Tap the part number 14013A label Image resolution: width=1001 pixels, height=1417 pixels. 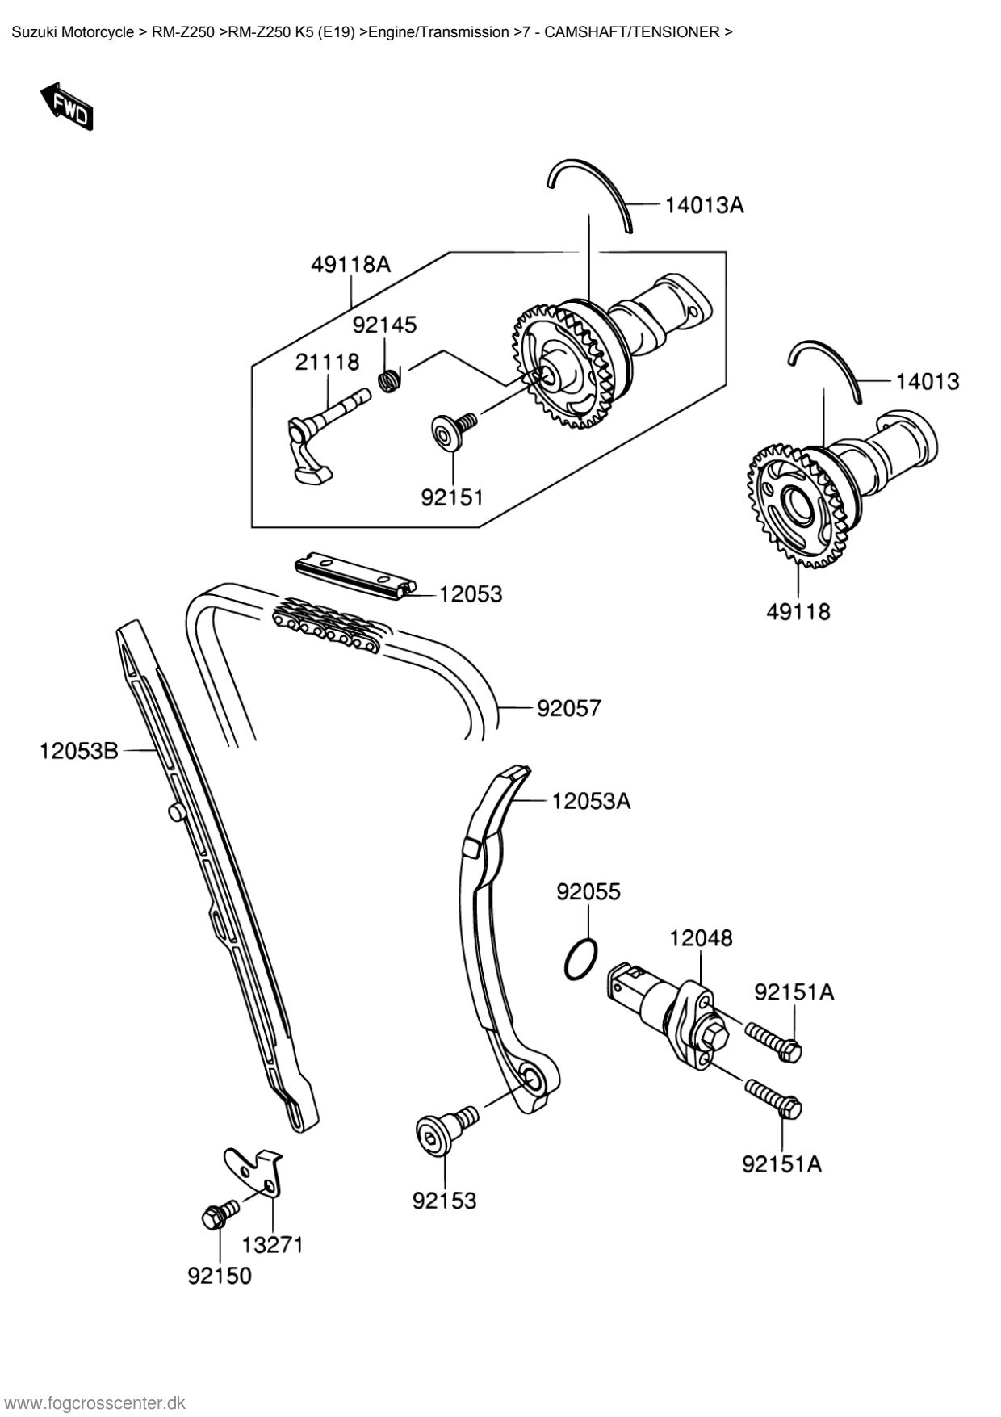704,205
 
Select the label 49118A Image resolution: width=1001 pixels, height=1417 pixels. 350,264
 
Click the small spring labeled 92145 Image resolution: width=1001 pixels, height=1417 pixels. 391,379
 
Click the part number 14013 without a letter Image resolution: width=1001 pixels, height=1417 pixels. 928,381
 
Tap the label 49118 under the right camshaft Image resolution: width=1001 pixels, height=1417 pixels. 798,611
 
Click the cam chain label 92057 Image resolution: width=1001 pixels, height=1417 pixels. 569,708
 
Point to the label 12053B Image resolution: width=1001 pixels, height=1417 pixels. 79,752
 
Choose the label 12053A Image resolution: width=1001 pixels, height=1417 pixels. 591,801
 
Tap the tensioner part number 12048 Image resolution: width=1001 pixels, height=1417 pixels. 701,938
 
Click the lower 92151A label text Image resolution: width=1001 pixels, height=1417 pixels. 781,1163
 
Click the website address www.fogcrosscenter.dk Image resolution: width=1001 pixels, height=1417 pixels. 95,1402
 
